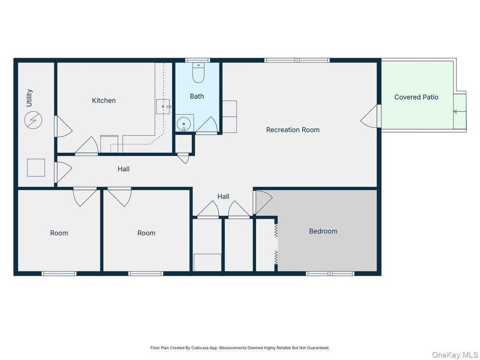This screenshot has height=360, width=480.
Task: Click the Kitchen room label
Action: [104, 100]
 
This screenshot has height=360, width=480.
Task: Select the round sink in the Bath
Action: [184, 124]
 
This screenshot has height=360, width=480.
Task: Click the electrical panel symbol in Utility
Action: [33, 120]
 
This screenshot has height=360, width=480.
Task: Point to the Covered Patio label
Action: [416, 97]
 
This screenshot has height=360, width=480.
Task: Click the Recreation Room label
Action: [292, 130]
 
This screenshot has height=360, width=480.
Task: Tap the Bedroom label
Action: [323, 231]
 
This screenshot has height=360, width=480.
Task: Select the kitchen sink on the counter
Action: [163, 106]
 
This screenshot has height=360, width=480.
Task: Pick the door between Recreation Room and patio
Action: [370, 116]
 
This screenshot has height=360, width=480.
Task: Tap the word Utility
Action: [29, 98]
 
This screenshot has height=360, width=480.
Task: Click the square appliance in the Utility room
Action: [36, 168]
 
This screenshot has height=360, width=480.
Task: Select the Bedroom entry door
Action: [262, 202]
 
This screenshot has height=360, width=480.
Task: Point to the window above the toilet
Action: [198, 60]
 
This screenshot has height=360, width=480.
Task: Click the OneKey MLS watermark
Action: [455, 355]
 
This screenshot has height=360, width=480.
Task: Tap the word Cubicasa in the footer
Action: [200, 348]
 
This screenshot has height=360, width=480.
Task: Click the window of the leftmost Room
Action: [59, 273]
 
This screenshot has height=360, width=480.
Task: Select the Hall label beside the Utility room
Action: [124, 169]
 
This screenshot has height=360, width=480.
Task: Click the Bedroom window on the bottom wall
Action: [330, 273]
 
